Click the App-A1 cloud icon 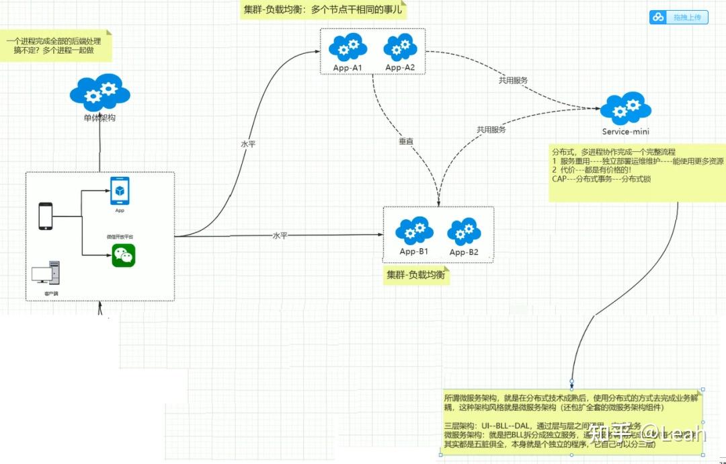[348, 47]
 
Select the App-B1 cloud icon [414, 231]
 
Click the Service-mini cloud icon [625, 109]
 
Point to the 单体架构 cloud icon [99, 93]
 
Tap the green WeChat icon [123, 256]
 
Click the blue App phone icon [120, 191]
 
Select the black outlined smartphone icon [46, 216]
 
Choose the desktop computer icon [46, 272]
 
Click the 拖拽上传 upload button [679, 17]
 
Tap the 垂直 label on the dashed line [406, 142]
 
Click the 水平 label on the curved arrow [248, 144]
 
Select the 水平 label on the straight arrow [280, 236]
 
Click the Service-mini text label [625, 132]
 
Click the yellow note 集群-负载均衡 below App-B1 [416, 275]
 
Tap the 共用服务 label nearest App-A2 [513, 80]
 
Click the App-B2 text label [464, 252]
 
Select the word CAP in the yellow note [559, 179]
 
